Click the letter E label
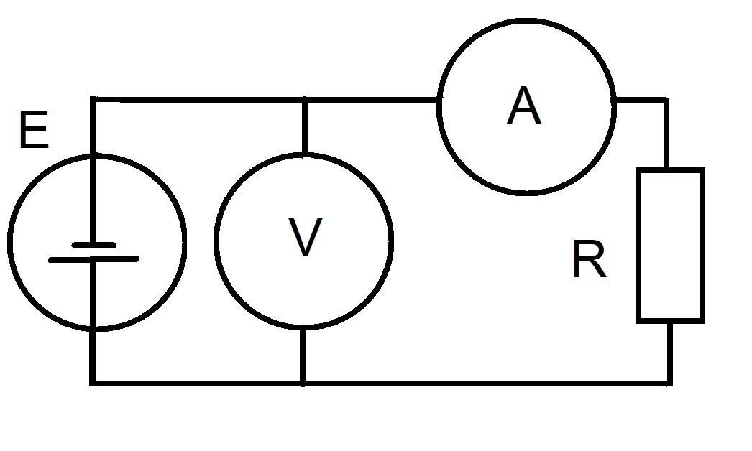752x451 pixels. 34,129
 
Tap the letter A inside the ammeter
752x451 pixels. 524,106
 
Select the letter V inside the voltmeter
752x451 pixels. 306,237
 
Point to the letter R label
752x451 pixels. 590,259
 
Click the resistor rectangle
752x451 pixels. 638,246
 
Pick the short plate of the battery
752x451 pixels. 94,245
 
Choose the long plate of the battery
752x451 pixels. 94,259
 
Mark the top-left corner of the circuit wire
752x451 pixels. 93,99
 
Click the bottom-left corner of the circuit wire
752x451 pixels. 93,383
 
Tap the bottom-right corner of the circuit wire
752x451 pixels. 669,383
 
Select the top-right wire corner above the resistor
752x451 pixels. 666,100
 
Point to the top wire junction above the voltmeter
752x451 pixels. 304,100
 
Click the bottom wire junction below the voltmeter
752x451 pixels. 303,383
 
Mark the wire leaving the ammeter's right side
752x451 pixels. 641,100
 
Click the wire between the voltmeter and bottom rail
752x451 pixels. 303,355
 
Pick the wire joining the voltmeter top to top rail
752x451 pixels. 304,127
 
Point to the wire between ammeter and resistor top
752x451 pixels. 666,134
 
